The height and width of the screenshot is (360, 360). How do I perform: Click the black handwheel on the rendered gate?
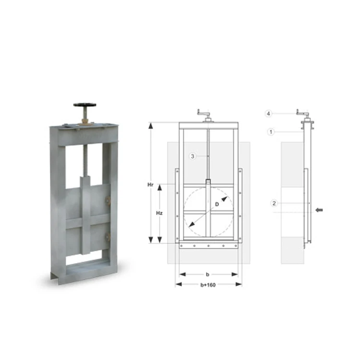click(84, 105)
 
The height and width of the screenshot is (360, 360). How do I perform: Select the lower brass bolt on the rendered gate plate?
click(108, 237)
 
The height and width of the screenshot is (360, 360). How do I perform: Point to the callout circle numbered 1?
click(271, 131)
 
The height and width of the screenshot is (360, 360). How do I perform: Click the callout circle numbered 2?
click(274, 204)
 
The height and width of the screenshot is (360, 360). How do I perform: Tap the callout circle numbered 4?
click(269, 113)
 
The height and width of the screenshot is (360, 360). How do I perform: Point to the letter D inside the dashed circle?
click(216, 204)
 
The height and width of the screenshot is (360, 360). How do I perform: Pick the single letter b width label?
click(207, 275)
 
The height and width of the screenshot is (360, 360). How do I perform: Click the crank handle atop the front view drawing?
click(204, 114)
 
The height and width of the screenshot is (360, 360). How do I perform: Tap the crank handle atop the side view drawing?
click(302, 113)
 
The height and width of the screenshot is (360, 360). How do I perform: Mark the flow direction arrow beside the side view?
click(321, 210)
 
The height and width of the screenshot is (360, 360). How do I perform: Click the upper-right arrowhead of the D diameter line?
click(224, 197)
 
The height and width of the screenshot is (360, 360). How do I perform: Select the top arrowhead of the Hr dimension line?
click(152, 125)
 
